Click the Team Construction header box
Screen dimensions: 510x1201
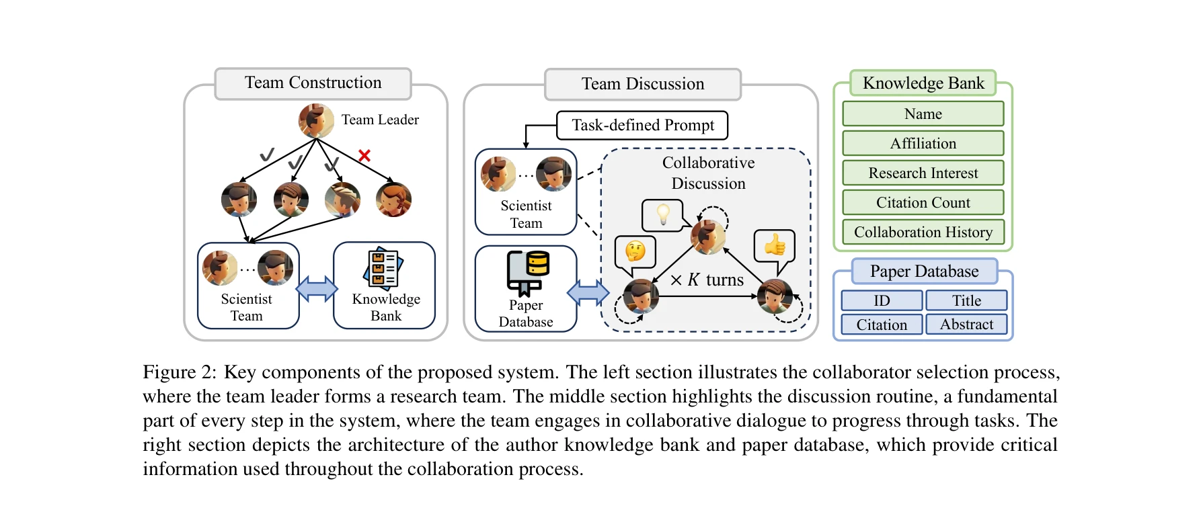pyautogui.click(x=313, y=83)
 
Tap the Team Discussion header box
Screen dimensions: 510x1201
pyautogui.click(x=642, y=84)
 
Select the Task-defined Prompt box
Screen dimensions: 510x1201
pyautogui.click(x=642, y=125)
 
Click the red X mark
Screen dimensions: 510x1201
pyautogui.click(x=364, y=156)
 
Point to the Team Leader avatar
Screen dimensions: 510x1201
pyautogui.click(x=316, y=121)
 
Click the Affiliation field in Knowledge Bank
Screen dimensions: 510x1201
pyautogui.click(x=923, y=143)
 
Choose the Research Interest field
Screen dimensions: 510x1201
pyautogui.click(x=923, y=173)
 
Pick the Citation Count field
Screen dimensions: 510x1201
pyautogui.click(x=923, y=202)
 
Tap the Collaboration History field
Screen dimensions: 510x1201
pyautogui.click(x=923, y=232)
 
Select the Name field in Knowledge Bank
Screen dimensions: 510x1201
pyautogui.click(x=923, y=114)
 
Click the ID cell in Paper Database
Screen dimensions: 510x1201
pyautogui.click(x=882, y=300)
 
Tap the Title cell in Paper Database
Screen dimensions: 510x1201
pyautogui.click(x=966, y=300)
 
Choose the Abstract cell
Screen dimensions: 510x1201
pyautogui.click(x=966, y=325)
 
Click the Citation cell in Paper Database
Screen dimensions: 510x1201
pyautogui.click(x=882, y=325)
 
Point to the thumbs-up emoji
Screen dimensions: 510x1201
pyautogui.click(x=775, y=245)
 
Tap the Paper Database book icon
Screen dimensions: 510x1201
pyautogui.click(x=528, y=272)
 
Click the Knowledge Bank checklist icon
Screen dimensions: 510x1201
pyautogui.click(x=384, y=267)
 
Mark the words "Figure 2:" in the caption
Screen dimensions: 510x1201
pyautogui.click(x=180, y=372)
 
